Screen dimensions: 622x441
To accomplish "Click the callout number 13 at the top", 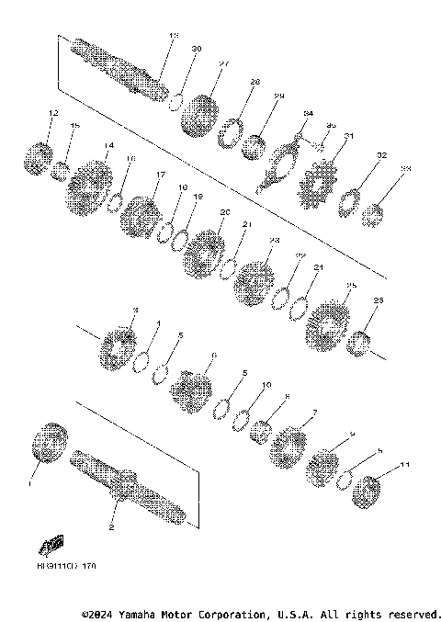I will (174, 36).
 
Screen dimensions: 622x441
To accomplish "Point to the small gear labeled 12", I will (36, 157).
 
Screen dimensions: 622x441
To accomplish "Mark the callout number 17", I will (160, 175).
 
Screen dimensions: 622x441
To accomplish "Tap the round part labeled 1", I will (50, 446).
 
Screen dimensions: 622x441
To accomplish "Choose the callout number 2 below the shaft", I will (112, 527).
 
